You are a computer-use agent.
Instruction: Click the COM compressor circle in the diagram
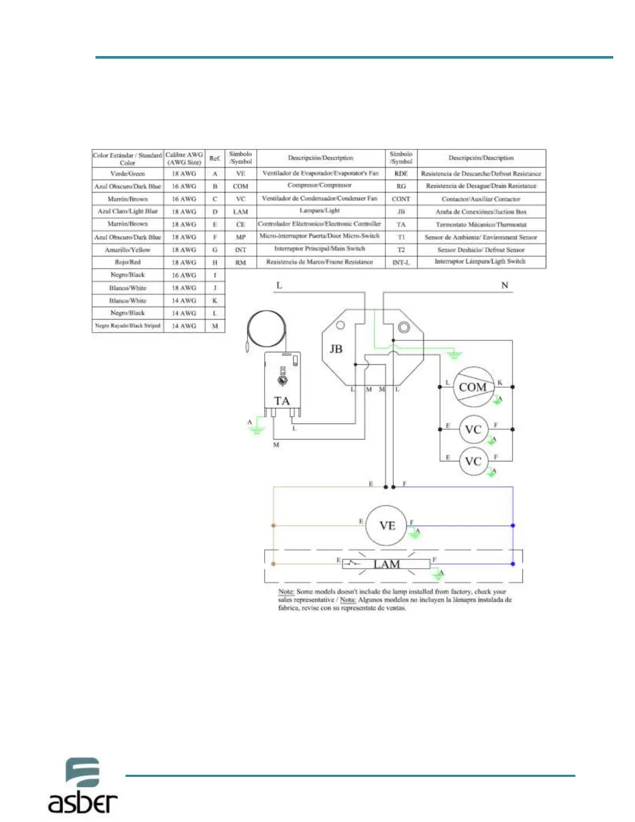point(473,387)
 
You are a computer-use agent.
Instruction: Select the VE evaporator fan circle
point(386,526)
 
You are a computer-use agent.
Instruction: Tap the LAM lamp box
point(386,564)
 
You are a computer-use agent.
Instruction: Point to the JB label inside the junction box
point(336,349)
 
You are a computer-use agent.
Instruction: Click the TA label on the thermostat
point(282,401)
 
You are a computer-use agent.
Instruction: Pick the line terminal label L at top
point(279,285)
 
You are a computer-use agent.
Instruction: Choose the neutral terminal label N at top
point(504,285)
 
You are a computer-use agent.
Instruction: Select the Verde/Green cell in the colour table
point(128,174)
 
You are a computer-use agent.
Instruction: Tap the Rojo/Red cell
point(128,262)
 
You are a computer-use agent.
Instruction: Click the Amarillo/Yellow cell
point(128,250)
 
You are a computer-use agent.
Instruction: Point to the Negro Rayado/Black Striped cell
point(128,326)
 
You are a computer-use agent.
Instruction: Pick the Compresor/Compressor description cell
point(320,185)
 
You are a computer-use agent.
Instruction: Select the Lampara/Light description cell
point(320,211)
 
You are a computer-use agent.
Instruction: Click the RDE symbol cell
point(401,174)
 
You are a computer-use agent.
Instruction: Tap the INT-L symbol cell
point(401,262)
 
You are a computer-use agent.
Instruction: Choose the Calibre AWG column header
point(184,158)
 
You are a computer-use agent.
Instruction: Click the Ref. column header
point(215,158)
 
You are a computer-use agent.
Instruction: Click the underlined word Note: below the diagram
point(286,592)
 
